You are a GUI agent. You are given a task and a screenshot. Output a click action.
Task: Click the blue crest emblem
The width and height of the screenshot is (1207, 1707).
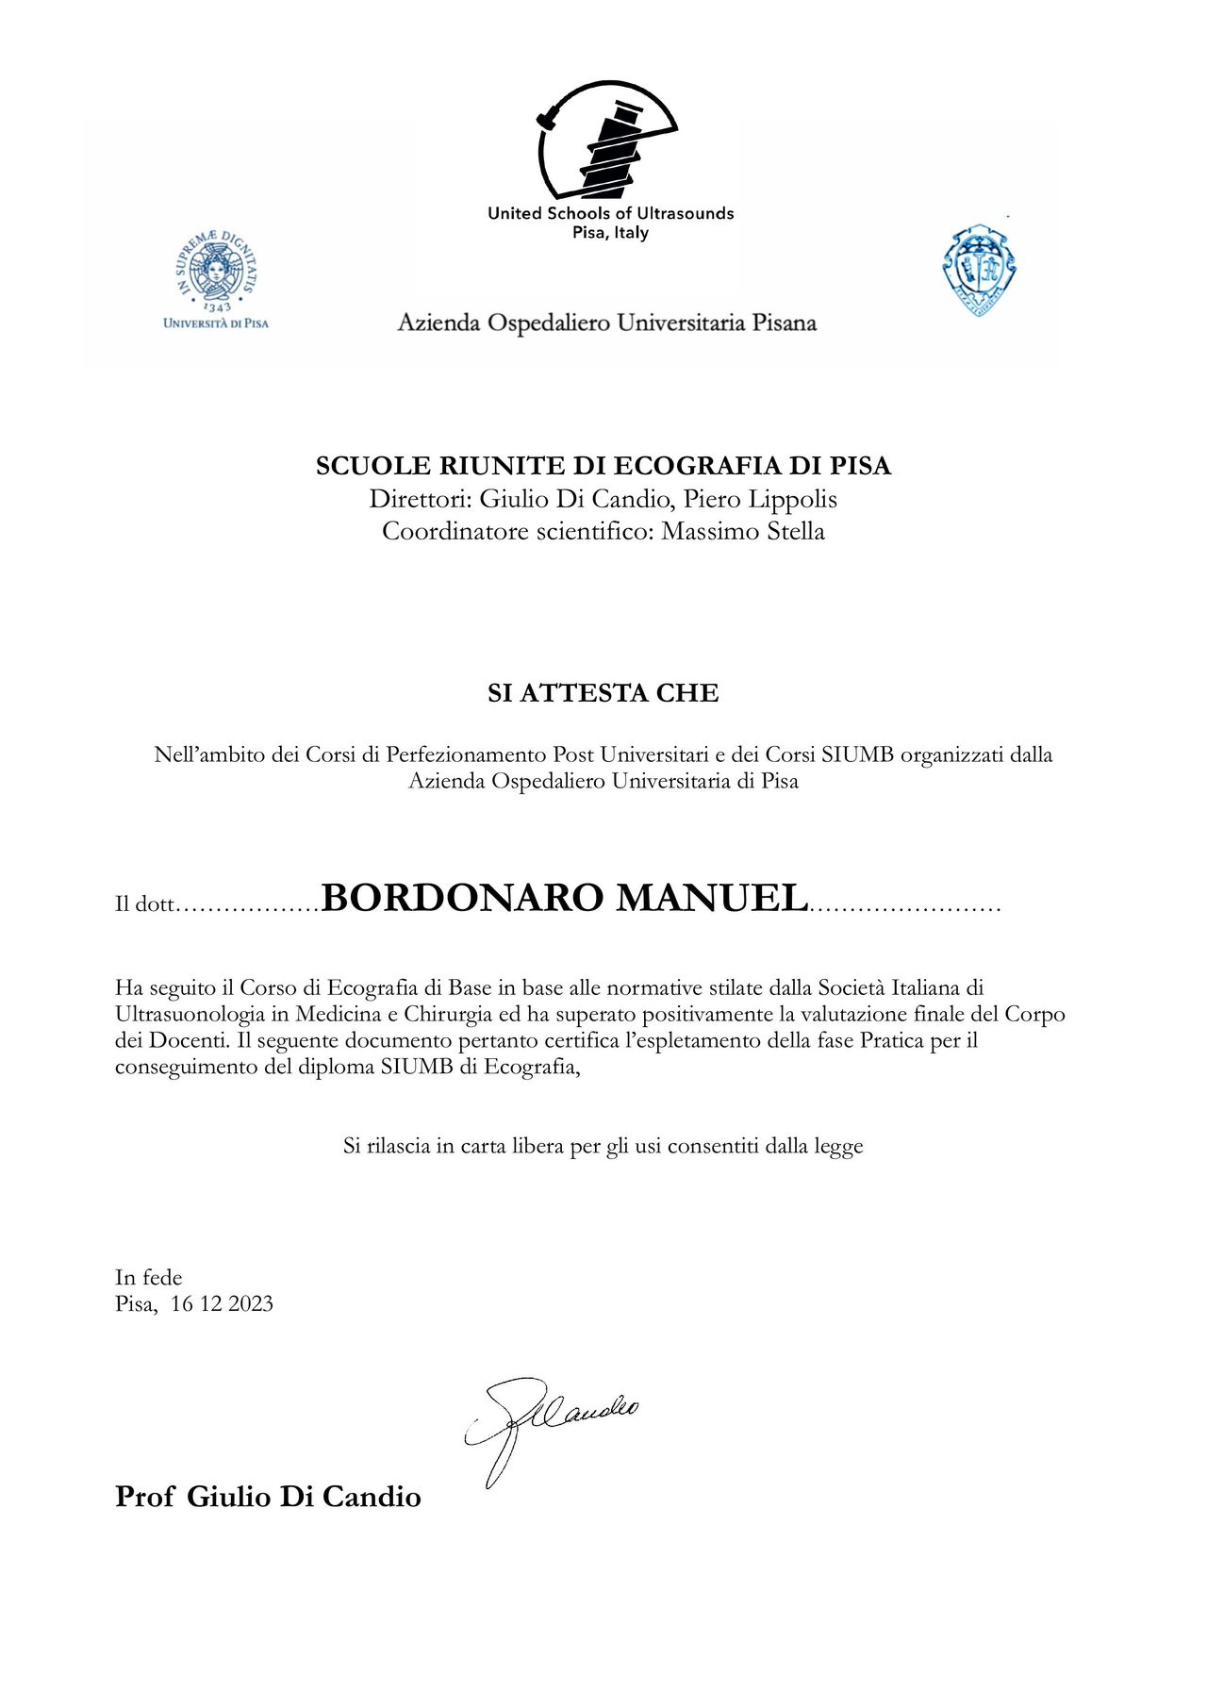tap(980, 271)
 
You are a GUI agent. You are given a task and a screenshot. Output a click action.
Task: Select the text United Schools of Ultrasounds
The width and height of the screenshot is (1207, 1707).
tap(610, 213)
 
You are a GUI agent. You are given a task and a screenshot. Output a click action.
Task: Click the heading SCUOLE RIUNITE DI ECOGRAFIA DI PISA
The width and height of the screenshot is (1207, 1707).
tap(603, 466)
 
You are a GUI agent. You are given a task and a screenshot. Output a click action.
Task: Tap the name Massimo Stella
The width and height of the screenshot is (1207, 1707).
tap(743, 531)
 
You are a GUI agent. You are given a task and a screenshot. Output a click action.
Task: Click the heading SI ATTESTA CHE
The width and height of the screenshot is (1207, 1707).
tap(603, 693)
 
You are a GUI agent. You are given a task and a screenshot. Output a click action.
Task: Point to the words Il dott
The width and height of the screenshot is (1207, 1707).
tap(145, 904)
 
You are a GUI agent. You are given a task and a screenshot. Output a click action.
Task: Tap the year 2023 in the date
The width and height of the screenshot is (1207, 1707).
tap(251, 1303)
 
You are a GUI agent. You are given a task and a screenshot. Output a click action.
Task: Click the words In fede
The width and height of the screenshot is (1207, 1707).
tap(149, 1277)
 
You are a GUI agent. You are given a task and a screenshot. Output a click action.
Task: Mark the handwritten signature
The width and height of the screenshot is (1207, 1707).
tap(547, 1425)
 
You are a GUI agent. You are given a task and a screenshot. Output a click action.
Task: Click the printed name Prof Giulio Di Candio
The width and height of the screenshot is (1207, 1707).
tap(268, 1497)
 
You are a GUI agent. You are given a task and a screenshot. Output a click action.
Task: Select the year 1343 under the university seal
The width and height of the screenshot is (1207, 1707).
tap(217, 307)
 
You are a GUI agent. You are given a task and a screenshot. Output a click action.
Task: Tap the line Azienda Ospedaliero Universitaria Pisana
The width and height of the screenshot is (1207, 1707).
tap(606, 323)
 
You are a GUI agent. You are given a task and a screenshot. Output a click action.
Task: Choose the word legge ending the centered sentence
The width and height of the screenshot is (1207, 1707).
tap(837, 1146)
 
